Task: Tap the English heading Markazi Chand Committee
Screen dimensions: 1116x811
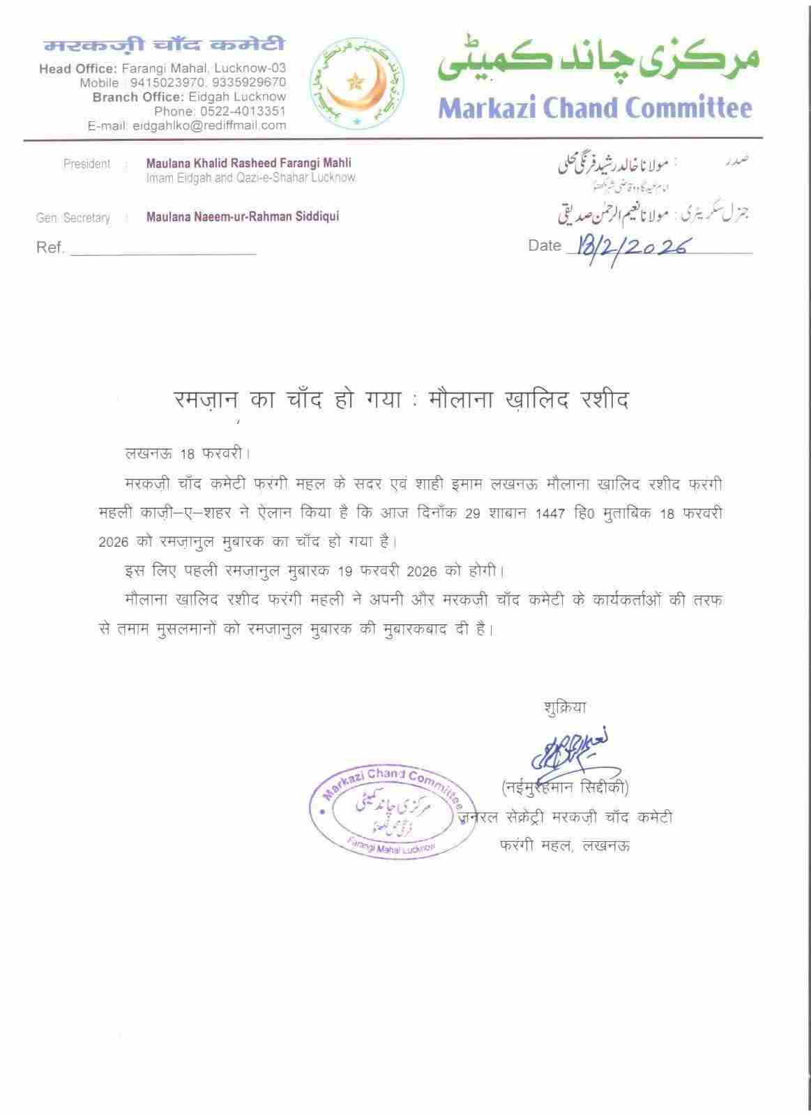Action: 596,108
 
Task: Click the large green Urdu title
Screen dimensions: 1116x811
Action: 598,63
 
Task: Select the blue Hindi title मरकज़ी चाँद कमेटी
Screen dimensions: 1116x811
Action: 165,45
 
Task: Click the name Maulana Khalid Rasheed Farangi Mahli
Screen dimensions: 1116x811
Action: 248,163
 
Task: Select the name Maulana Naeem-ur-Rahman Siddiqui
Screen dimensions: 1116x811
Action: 243,217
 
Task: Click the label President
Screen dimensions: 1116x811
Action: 86,164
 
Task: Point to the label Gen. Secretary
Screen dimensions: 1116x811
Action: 73,218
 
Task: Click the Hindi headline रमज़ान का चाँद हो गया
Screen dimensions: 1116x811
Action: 288,400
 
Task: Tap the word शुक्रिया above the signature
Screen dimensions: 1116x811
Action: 565,707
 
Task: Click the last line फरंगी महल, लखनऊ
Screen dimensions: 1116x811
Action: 565,846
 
